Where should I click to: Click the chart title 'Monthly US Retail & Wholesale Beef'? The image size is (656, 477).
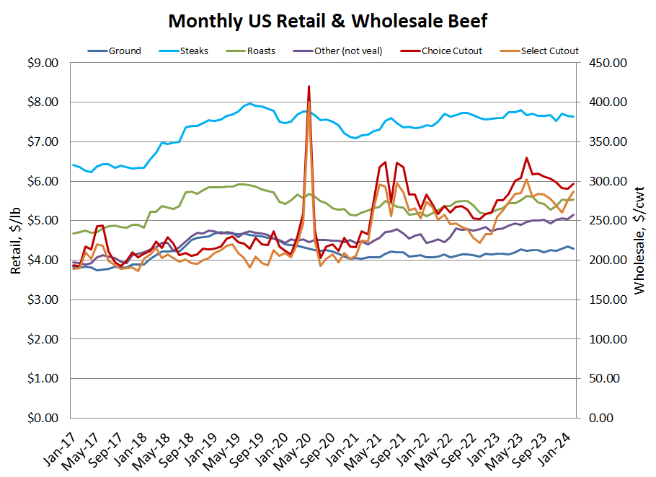click(x=327, y=21)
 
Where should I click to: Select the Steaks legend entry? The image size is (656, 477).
click(x=195, y=51)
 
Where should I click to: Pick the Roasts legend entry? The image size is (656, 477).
click(x=260, y=51)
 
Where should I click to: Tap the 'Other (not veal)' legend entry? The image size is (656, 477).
click(x=347, y=51)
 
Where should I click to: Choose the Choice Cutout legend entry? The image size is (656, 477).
click(x=452, y=51)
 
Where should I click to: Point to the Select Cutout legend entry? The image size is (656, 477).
click(x=549, y=51)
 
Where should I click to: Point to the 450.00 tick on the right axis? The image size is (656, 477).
click(x=609, y=63)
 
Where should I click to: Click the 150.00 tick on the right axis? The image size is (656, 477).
click(x=609, y=299)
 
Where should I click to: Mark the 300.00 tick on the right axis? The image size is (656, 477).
click(x=609, y=181)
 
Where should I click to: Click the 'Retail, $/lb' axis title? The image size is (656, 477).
click(x=16, y=240)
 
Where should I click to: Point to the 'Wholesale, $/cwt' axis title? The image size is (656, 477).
click(x=639, y=240)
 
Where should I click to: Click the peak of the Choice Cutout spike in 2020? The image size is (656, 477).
click(x=309, y=87)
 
